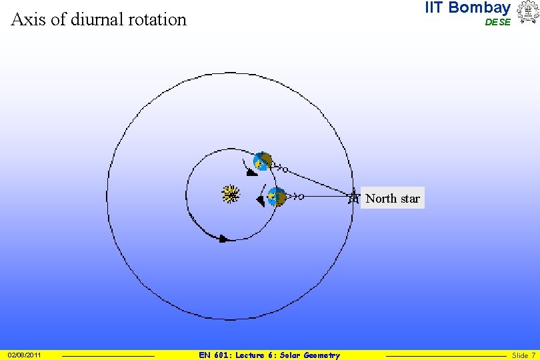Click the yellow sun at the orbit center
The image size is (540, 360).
tap(231, 195)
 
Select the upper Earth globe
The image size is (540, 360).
tap(263, 162)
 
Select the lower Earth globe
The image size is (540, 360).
tap(276, 197)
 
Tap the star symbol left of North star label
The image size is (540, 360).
tap(353, 197)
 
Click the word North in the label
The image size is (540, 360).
tap(381, 199)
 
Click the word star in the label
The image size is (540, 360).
tap(410, 199)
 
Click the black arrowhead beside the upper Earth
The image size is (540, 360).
tap(251, 173)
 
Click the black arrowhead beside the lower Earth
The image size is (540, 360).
tap(261, 200)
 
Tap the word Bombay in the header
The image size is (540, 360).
tap(479, 8)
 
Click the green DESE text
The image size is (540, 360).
tap(497, 22)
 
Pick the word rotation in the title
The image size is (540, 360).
tap(159, 19)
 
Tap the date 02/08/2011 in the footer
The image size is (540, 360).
tap(25, 355)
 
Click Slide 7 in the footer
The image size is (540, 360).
tap(523, 355)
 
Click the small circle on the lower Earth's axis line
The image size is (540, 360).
tap(301, 197)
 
